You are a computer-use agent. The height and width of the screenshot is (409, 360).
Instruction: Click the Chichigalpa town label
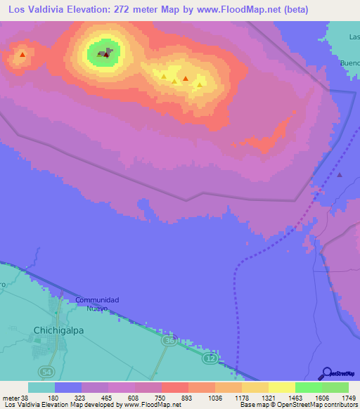(x=60, y=329)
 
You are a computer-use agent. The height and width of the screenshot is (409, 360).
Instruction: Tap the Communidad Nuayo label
(x=97, y=304)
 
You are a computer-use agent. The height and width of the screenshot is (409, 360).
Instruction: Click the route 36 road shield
(x=168, y=340)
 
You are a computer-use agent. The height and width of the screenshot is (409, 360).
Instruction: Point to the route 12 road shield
(x=210, y=359)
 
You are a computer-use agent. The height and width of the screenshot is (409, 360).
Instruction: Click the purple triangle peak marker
(x=340, y=175)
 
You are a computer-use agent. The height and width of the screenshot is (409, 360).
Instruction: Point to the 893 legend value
(x=187, y=398)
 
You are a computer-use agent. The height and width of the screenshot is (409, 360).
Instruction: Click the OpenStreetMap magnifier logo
(x=326, y=373)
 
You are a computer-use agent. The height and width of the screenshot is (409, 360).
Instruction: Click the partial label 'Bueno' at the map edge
(x=349, y=63)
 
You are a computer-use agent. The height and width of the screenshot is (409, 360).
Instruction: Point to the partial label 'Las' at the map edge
(x=354, y=36)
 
